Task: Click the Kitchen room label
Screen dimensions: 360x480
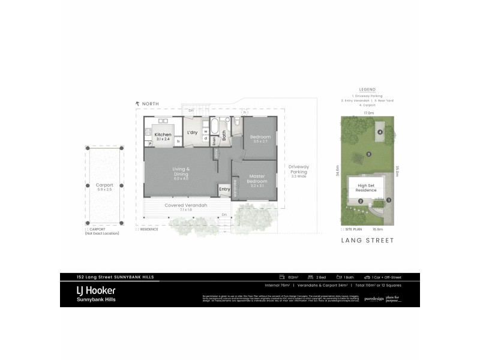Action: (163, 134)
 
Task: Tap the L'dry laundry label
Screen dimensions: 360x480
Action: (193, 132)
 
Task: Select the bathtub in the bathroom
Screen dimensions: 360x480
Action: (214, 128)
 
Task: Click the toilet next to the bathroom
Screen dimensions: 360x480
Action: (238, 124)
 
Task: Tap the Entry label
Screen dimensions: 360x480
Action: (224, 190)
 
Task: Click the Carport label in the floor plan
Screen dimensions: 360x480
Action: (104, 187)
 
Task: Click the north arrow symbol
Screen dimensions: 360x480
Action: (138, 104)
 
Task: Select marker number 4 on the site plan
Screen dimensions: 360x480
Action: (380, 132)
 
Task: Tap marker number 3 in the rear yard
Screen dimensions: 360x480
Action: (368, 154)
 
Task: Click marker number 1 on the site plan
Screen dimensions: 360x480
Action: (389, 200)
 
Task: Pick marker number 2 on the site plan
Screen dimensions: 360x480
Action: (361, 201)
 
